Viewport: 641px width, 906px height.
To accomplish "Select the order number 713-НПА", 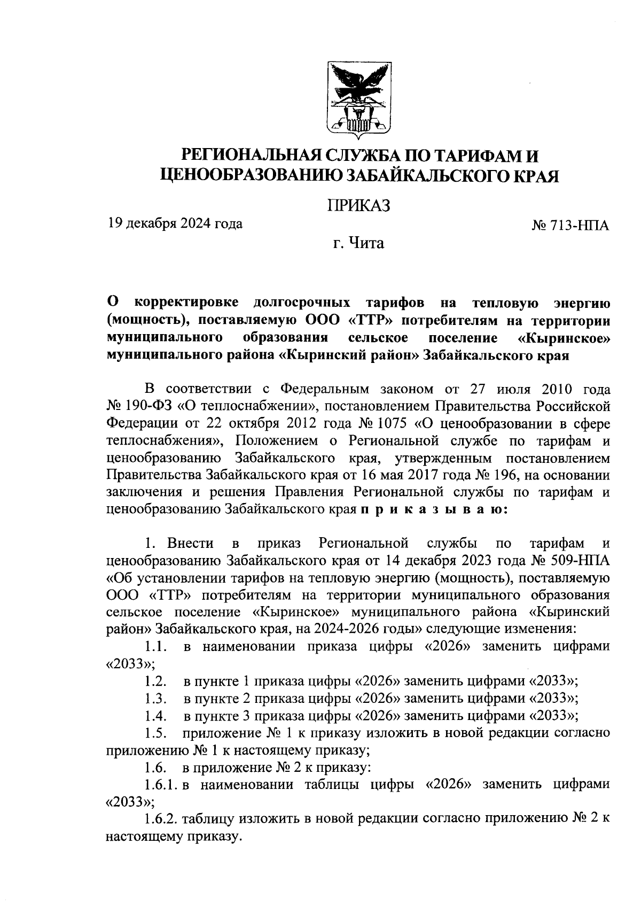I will point(577,226).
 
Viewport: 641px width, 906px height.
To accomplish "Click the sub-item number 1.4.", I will point(155,716).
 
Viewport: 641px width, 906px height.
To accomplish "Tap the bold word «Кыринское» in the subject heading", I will point(564,338).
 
